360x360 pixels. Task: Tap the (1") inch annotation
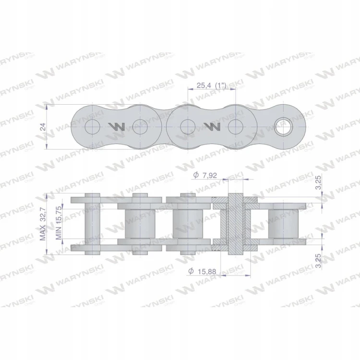221,85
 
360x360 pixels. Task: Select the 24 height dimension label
43,127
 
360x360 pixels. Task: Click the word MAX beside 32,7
43,233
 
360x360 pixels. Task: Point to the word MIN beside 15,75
59,233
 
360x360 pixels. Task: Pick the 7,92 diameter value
210,176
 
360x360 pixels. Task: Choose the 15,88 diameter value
207,272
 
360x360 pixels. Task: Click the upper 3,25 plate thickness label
318,182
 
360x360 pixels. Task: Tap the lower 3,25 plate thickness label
318,261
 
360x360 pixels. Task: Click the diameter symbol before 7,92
196,175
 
